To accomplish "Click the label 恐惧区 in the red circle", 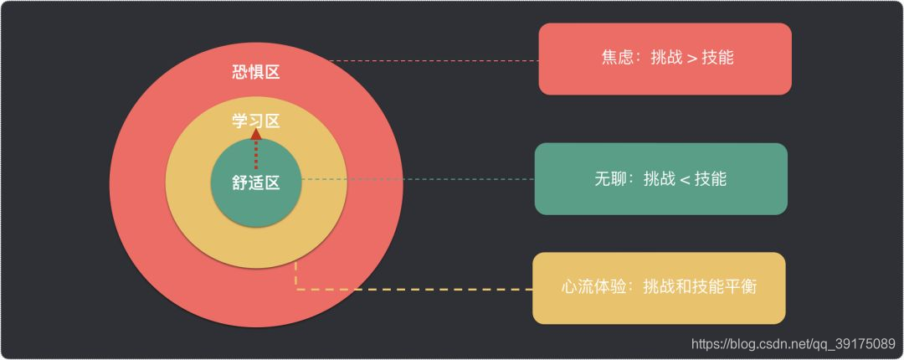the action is pyautogui.click(x=255, y=72).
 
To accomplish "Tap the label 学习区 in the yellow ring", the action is pyautogui.click(x=255, y=121).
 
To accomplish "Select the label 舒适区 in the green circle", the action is pyautogui.click(x=255, y=183).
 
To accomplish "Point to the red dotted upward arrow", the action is pyautogui.click(x=256, y=151).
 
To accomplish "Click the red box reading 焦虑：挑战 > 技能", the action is pyautogui.click(x=665, y=59).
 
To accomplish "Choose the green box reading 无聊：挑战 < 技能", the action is pyautogui.click(x=660, y=179).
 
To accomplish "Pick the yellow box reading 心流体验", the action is pyautogui.click(x=659, y=287).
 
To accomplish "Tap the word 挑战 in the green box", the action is pyautogui.click(x=660, y=179).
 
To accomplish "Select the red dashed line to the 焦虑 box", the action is pyautogui.click(x=435, y=60).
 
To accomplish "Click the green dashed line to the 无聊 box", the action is pyautogui.click(x=419, y=179).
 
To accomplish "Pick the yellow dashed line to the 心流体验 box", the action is pyautogui.click(x=419, y=289).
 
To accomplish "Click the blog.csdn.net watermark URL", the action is pyautogui.click(x=791, y=343).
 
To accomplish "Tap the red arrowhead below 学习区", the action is pyautogui.click(x=256, y=134).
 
